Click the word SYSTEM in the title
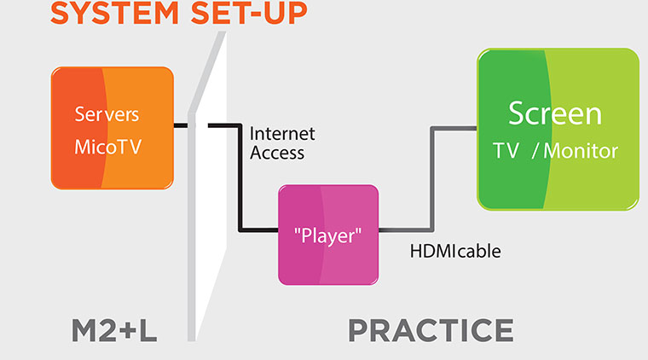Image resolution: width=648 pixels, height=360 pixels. coord(114,13)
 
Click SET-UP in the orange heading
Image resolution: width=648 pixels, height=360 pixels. coord(249,13)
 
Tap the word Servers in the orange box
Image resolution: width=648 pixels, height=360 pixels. coord(107,114)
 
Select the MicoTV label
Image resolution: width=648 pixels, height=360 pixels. coord(108,147)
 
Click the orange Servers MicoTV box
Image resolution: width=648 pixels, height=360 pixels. coord(112,128)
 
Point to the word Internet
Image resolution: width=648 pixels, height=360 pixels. coord(282,133)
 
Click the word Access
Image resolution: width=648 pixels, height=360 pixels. coord(277,153)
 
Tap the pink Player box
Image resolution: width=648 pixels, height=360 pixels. coord(328,235)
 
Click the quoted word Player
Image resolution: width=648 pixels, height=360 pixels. coord(327,236)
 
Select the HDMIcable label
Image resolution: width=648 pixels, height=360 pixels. coord(455,252)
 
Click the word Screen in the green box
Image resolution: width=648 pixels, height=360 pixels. coord(554,113)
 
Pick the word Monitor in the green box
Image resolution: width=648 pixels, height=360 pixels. coord(581,151)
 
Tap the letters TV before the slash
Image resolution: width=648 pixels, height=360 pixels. coord(506,151)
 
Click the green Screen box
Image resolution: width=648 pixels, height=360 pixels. coord(558,130)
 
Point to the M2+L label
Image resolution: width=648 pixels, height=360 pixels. coord(114,330)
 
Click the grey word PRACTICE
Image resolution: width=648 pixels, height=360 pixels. coord(431,330)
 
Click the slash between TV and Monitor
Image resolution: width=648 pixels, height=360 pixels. coord(535,151)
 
